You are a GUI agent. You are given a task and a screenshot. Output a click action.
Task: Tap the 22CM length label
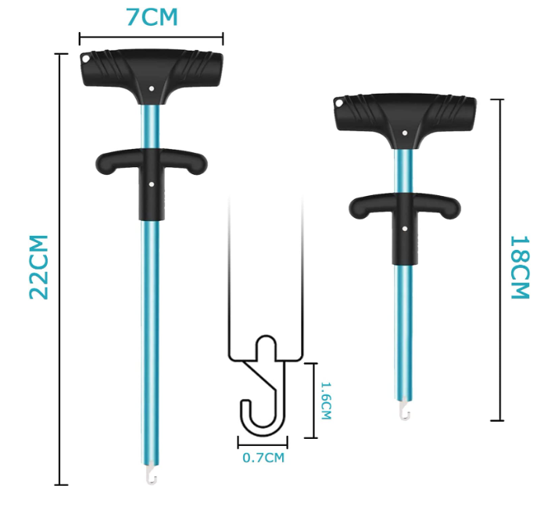click(39, 266)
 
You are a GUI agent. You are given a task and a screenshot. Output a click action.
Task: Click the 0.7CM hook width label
click(263, 458)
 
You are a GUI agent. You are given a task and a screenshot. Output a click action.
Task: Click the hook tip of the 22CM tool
click(151, 472)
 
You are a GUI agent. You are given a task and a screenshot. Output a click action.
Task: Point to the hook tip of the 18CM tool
click(403, 412)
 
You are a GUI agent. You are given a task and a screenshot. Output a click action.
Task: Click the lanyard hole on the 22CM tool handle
click(86, 58)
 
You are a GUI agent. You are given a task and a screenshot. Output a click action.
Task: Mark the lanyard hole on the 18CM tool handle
click(339, 103)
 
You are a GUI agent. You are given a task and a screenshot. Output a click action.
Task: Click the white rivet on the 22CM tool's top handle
click(151, 89)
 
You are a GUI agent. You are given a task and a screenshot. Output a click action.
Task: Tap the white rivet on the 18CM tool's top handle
click(404, 134)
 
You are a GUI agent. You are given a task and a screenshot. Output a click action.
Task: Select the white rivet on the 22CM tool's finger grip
click(151, 185)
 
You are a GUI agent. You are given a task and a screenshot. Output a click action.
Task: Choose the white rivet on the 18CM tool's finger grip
click(404, 227)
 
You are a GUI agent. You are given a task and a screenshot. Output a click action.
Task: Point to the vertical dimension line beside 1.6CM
click(315, 400)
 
